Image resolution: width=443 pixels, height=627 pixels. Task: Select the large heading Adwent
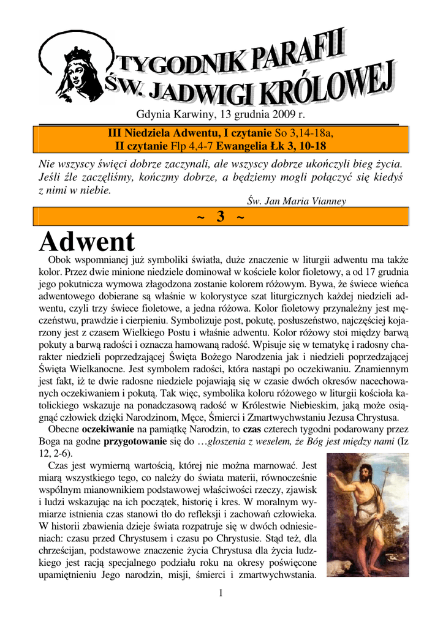[87, 242]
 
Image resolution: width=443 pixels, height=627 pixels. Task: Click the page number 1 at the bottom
[221, 593]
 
